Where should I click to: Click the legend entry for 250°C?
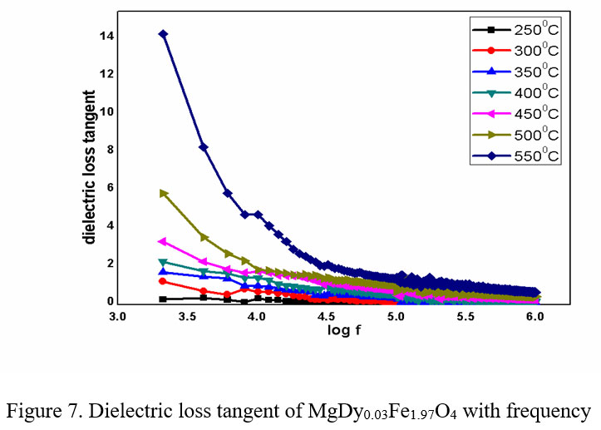(515, 30)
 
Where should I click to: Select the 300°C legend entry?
(515, 51)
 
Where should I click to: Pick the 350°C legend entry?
(515, 72)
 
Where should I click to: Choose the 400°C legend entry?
(515, 92)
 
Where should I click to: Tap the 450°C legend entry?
(515, 113)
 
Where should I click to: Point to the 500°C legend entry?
(515, 134)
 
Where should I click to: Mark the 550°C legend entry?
(515, 155)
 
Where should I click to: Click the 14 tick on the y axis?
(106, 36)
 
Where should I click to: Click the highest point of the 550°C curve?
(163, 34)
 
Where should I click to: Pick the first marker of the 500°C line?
(164, 193)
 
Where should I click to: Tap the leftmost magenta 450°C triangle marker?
(163, 241)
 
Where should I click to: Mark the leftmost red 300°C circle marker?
(163, 281)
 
